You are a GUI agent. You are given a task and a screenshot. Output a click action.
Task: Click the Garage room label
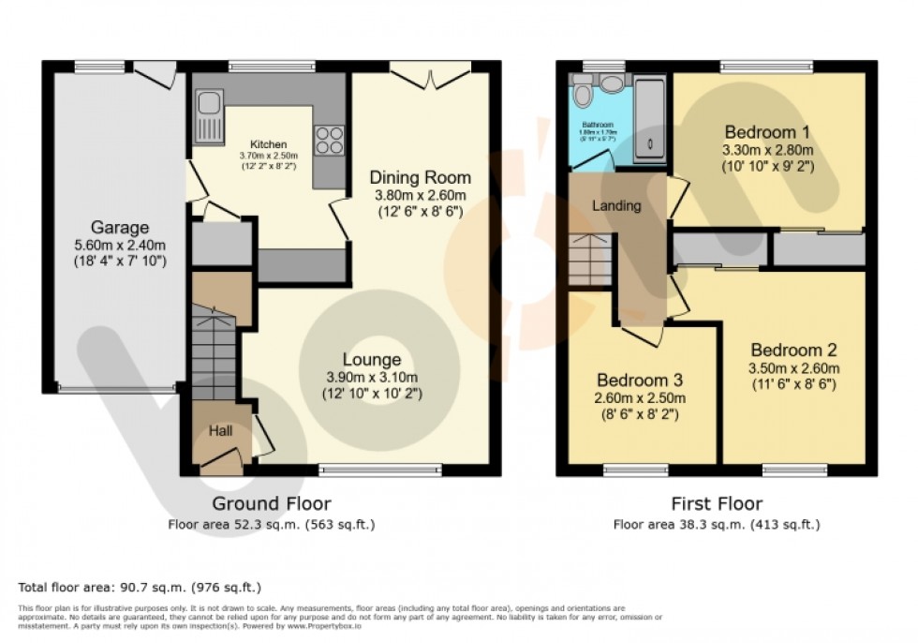pyautogui.click(x=120, y=227)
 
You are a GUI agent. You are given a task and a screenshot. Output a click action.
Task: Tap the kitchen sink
pyautogui.click(x=209, y=116)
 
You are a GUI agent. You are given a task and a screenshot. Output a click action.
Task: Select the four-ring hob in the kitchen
pyautogui.click(x=329, y=140)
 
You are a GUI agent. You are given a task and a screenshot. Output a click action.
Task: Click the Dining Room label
pyautogui.click(x=420, y=177)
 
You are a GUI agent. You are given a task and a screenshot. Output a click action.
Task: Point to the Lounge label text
pyautogui.click(x=372, y=359)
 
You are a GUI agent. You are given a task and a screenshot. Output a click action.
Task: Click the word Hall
pyautogui.click(x=220, y=430)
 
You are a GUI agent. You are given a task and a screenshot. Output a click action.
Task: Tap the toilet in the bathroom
pyautogui.click(x=582, y=94)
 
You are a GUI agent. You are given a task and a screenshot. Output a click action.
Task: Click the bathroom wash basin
pyautogui.click(x=612, y=84)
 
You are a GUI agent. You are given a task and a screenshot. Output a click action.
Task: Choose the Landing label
pyautogui.click(x=615, y=205)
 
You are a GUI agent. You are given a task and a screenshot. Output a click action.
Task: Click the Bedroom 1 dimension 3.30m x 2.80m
pyautogui.click(x=766, y=149)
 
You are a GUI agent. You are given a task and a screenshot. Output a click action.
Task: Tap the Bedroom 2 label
pyautogui.click(x=794, y=351)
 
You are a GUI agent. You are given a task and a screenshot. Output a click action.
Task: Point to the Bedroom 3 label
pyautogui.click(x=641, y=381)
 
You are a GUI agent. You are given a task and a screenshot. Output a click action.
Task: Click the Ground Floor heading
pyautogui.click(x=272, y=504)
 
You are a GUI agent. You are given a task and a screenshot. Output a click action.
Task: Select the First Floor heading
pyautogui.click(x=717, y=504)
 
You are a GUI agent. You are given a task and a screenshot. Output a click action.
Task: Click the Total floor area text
pyautogui.click(x=139, y=588)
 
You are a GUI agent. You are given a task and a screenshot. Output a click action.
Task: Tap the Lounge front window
pyautogui.click(x=380, y=469)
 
